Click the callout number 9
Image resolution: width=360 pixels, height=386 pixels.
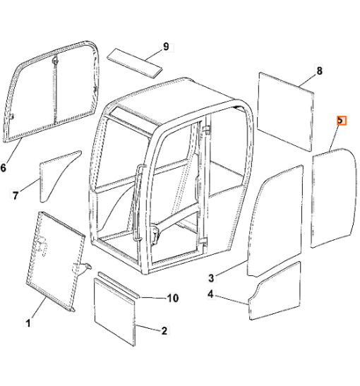pyautogui.click(x=166, y=47)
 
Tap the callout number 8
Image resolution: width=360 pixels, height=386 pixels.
pyautogui.click(x=319, y=71)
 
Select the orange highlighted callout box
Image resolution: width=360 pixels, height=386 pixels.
pyautogui.click(x=342, y=121)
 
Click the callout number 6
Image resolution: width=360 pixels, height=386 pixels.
pyautogui.click(x=4, y=168)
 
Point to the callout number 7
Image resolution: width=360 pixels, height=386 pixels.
pyautogui.click(x=16, y=195)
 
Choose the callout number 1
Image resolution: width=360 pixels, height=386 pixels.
pyautogui.click(x=28, y=323)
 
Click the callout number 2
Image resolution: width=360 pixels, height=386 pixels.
pyautogui.click(x=164, y=331)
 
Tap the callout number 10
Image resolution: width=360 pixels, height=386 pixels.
pyautogui.click(x=173, y=298)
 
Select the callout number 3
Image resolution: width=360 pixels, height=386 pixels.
pyautogui.click(x=211, y=278)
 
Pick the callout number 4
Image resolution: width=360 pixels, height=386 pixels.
pyautogui.click(x=210, y=294)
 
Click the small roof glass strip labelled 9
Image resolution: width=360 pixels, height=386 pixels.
pyautogui.click(x=135, y=64)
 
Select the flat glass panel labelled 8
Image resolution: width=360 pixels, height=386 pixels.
pyautogui.click(x=285, y=111)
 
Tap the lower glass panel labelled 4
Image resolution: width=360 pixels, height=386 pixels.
pyautogui.click(x=275, y=291)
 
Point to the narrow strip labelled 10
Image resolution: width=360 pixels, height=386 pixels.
pyautogui.click(x=119, y=285)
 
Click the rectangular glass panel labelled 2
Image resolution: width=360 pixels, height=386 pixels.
pyautogui.click(x=115, y=312)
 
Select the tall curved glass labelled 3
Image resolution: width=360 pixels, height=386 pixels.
pyautogui.click(x=275, y=221)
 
